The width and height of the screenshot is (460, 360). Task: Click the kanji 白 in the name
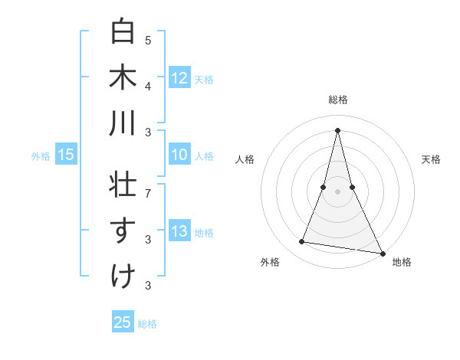pos(123,32)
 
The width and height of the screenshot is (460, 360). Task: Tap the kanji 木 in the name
pos(123,77)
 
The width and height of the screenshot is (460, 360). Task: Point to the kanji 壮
pos(123,185)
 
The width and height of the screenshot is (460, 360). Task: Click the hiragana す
pos(123,231)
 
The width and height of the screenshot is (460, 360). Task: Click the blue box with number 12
pos(179,77)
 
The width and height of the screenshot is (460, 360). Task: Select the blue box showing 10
pos(179,155)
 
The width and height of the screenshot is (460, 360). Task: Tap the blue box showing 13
pos(179,232)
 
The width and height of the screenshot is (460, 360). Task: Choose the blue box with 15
pos(66,155)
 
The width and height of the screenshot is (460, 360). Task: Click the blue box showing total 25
pos(123,322)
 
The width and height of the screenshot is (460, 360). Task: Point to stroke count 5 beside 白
pos(148,40)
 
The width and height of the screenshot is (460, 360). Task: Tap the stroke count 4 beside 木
pos(148,85)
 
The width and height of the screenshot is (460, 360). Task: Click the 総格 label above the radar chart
pos(338,100)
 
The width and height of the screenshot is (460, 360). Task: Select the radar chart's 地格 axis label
pos(402,262)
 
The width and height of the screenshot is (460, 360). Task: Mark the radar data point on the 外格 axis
pos(302,242)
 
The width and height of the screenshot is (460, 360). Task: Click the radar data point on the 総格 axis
pos(338,130)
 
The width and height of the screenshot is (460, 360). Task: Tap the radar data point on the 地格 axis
pos(382,252)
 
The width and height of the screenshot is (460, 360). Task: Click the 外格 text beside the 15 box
pos(41,156)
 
